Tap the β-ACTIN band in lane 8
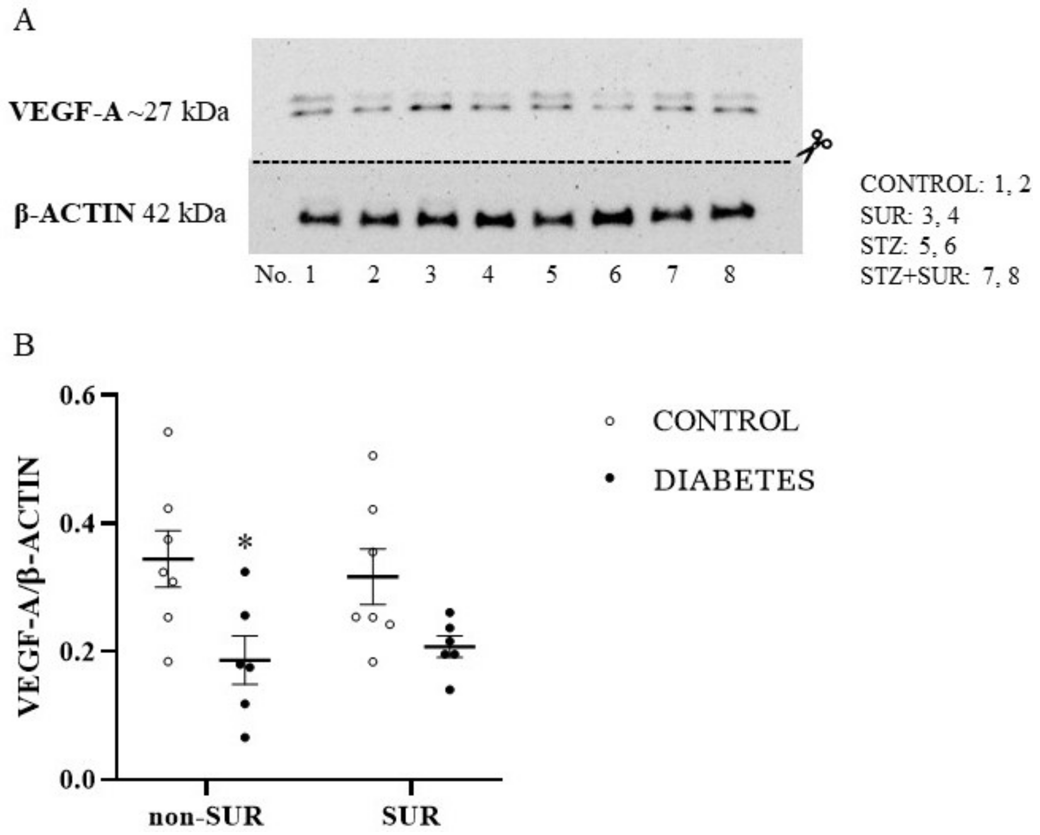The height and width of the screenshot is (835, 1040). (x=732, y=212)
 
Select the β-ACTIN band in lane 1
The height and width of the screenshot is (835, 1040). (x=319, y=219)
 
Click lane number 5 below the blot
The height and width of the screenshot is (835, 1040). (x=551, y=275)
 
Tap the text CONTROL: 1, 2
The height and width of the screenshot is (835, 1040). (x=944, y=185)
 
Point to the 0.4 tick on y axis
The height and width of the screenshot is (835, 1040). (x=109, y=522)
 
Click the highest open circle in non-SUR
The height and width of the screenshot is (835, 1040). (x=168, y=432)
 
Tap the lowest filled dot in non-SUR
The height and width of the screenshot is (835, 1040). (x=245, y=738)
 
